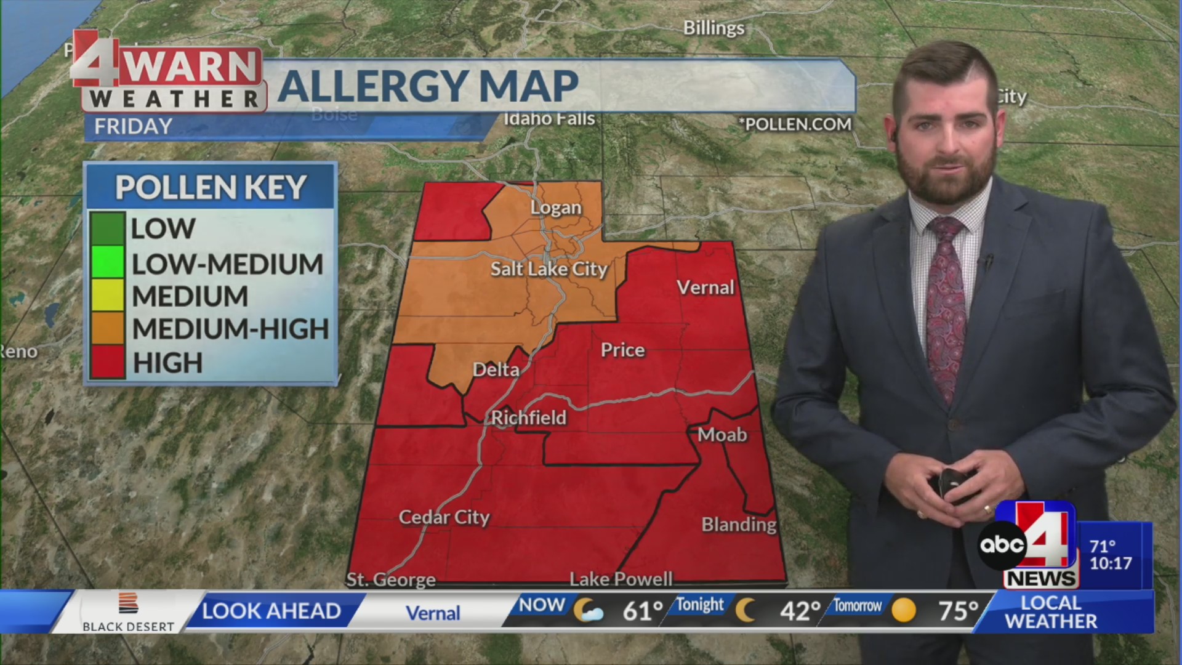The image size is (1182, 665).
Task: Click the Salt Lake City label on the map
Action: (549, 269)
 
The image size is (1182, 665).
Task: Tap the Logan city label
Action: (556, 208)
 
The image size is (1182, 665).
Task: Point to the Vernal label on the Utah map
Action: (706, 288)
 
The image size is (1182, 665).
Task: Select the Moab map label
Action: (722, 435)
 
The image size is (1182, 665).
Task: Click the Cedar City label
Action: (444, 517)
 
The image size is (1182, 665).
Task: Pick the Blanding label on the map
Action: (739, 525)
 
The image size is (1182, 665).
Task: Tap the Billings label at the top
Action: (714, 28)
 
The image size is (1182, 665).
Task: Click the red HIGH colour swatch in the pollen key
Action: (107, 362)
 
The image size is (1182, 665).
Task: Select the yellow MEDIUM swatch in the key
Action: (107, 296)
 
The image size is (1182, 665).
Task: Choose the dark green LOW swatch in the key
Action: (107, 228)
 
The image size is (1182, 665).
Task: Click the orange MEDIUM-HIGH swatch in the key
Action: (107, 328)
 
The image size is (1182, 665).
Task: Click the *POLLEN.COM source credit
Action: (797, 124)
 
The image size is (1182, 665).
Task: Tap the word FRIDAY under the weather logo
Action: (133, 126)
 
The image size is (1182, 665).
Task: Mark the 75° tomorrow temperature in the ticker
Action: (958, 611)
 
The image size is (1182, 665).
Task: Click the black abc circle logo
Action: (1002, 545)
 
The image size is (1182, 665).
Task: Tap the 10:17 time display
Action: (1111, 563)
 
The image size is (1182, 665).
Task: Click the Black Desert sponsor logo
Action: (128, 613)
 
